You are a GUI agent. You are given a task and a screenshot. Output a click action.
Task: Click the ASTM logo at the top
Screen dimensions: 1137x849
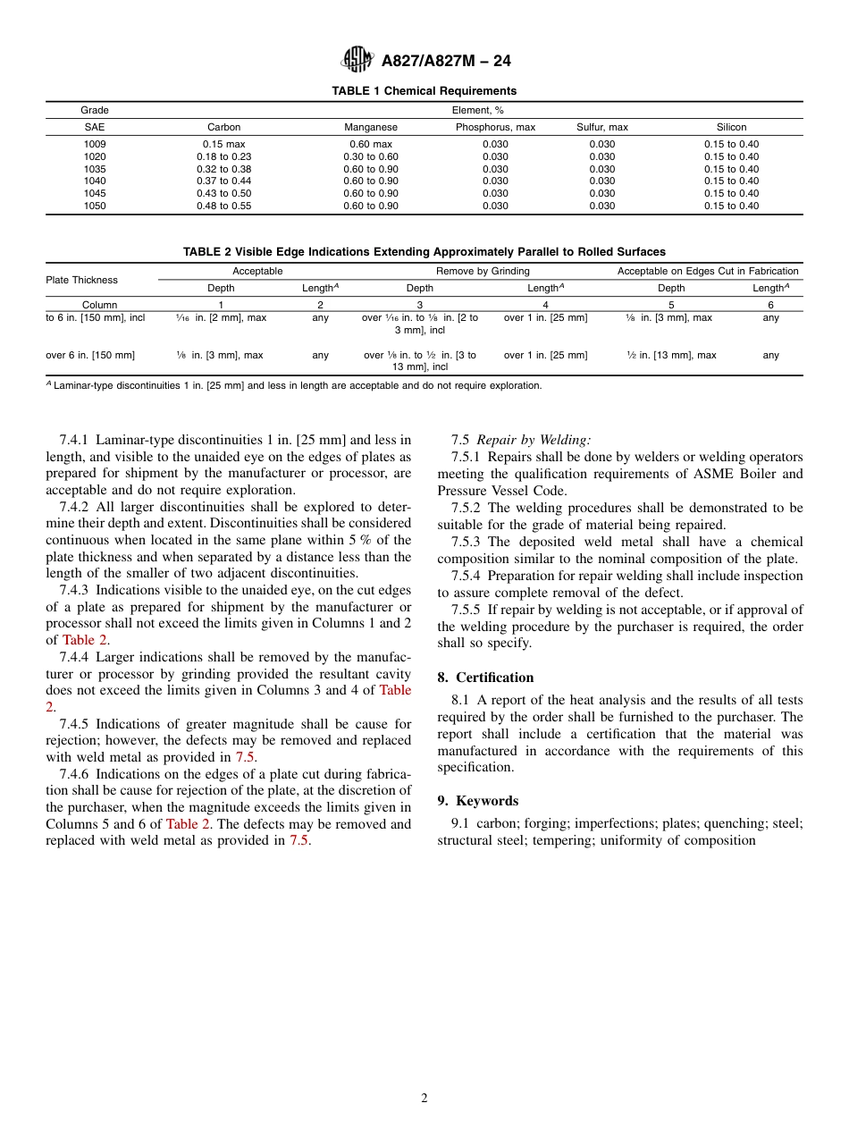tap(358, 60)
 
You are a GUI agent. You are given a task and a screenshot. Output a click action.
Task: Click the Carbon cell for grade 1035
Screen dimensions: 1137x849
tap(224, 169)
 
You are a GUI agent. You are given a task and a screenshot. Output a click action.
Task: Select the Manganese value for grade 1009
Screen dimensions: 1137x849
tap(370, 144)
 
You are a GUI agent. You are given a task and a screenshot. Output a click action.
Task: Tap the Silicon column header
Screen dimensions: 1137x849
tap(731, 128)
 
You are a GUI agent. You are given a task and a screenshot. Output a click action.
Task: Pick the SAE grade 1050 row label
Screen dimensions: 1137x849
tap(94, 206)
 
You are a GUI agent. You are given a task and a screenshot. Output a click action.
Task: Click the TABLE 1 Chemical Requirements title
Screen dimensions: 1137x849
tap(424, 91)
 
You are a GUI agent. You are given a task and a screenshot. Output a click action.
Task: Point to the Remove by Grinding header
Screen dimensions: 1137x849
tap(483, 271)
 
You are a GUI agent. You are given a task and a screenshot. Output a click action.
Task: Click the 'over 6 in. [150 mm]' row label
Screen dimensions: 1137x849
tap(90, 355)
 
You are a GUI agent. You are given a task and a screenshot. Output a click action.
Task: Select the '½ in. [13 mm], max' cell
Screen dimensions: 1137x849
tap(671, 355)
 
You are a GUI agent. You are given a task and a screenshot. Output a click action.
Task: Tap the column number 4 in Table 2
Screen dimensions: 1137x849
tap(545, 305)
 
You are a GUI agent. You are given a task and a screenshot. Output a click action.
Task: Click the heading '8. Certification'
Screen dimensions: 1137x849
tap(485, 678)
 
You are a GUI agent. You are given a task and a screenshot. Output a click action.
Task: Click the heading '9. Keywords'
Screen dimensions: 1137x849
tap(477, 801)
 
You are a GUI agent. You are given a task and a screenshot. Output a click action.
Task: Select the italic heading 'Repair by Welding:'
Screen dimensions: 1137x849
tap(534, 440)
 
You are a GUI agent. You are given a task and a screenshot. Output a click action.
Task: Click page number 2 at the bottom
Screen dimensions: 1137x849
tap(424, 1099)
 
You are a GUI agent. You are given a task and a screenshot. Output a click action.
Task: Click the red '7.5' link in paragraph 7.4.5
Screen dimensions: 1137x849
tap(246, 756)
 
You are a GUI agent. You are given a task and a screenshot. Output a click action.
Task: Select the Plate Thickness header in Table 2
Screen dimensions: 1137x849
tap(81, 280)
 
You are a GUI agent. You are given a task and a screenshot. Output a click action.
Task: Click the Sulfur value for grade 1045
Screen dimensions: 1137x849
tap(601, 193)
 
